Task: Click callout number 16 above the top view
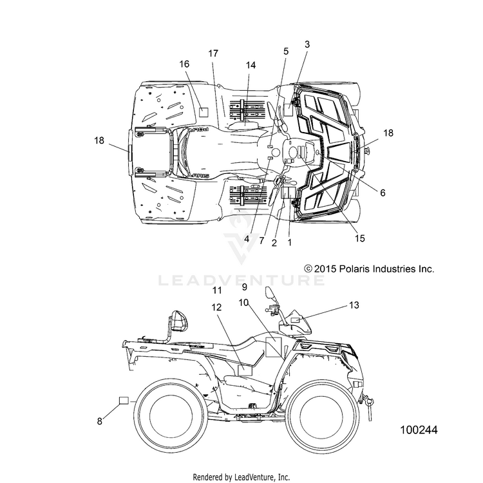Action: coord(184,64)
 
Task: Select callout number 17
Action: coord(213,53)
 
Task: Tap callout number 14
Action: coord(251,65)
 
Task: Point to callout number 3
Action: coord(307,44)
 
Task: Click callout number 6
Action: coord(383,193)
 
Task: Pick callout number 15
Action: coord(360,238)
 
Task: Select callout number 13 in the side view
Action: coord(354,305)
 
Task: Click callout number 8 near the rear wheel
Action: coord(99,421)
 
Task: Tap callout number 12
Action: coord(217,307)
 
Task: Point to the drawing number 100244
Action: coord(419,430)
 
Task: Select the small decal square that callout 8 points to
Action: coord(124,401)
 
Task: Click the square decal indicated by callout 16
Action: coord(204,112)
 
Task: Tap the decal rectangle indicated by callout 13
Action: coord(295,319)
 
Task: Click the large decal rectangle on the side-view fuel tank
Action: coord(274,347)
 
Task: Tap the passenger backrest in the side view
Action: coord(179,322)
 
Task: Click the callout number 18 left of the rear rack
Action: coord(99,140)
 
